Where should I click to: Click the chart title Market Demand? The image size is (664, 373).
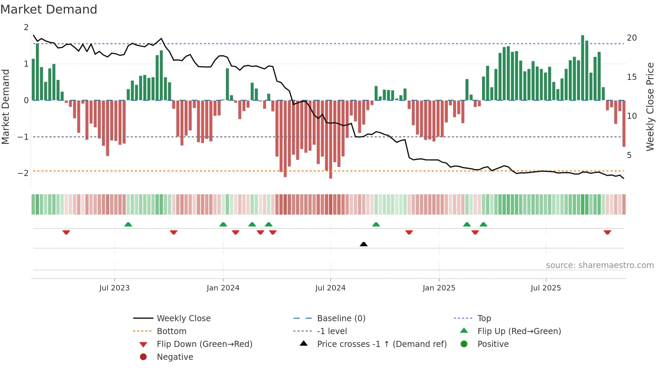coord(49,9)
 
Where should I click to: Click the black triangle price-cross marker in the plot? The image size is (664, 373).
coord(364,244)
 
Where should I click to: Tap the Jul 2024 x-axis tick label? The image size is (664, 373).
coord(330,288)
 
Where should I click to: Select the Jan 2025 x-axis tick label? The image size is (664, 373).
coord(439,288)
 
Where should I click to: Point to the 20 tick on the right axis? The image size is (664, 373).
coord(631,38)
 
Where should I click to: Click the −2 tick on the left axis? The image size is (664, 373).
coord(23,173)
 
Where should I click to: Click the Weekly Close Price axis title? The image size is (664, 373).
coord(650,107)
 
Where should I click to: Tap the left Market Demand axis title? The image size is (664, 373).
coord(6,107)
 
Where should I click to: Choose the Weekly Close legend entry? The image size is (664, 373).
coord(183,319)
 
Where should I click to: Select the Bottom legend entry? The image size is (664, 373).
coord(171,331)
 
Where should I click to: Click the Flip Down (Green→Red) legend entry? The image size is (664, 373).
coord(204,344)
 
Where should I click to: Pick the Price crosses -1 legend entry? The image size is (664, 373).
coord(381,344)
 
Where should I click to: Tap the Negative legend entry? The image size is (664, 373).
coord(175,357)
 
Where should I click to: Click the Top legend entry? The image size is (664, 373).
coord(484,319)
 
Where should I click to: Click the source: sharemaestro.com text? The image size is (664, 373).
coord(600,265)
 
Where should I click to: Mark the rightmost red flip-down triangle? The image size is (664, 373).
coord(607,232)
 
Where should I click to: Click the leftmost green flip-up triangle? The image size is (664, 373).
coord(128,224)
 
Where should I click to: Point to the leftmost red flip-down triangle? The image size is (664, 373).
coord(66,232)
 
